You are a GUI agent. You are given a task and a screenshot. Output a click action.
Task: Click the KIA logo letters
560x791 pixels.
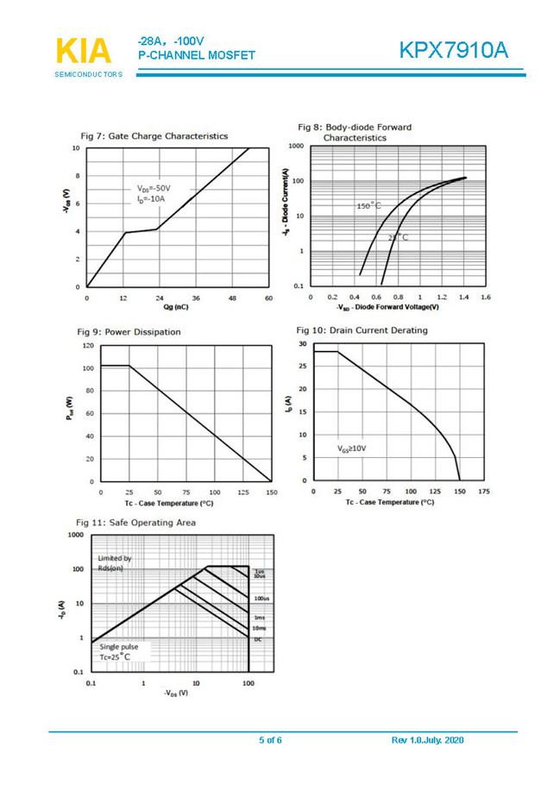coord(84,51)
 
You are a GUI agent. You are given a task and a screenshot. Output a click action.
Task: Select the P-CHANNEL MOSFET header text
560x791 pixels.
coord(196,55)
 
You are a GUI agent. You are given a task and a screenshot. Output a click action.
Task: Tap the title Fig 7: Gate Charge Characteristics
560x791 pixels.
coord(154,135)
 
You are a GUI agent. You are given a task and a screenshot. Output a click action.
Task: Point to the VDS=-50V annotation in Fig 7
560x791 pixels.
coord(154,187)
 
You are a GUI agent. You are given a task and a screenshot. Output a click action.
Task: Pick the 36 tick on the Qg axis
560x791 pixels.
coord(196,298)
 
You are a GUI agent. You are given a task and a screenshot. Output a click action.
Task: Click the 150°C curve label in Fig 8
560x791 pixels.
coord(368,206)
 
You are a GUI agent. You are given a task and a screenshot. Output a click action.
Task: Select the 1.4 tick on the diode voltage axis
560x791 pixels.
coord(463,297)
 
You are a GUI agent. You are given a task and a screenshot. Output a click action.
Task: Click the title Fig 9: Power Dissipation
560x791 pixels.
coord(129,331)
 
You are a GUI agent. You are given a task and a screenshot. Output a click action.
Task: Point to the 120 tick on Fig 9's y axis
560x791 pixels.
coord(86,345)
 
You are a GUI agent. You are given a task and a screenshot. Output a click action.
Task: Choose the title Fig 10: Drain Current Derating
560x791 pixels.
coord(362,330)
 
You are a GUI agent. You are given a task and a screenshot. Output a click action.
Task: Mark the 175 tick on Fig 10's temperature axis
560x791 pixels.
coord(484,492)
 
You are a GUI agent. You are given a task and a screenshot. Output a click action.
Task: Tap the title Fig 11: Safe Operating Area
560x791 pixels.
coord(135,522)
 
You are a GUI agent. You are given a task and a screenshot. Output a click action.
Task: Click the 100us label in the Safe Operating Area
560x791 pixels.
coord(260,598)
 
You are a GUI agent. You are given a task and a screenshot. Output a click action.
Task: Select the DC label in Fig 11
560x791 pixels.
coord(257,639)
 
